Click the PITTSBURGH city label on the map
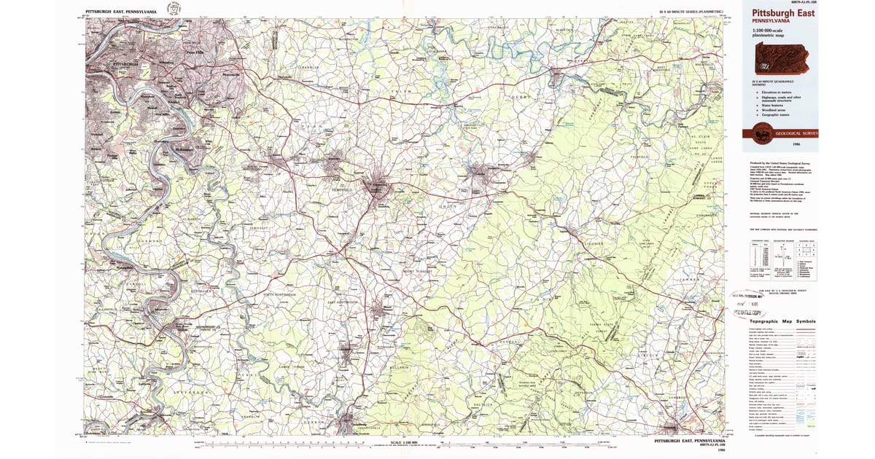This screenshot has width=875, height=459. pyautogui.click(x=126, y=64)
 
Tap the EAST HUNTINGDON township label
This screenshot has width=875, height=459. pyautogui.click(x=343, y=302)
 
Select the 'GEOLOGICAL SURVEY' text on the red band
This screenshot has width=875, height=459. pyautogui.click(x=797, y=133)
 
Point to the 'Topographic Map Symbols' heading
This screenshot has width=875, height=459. pyautogui.click(x=783, y=322)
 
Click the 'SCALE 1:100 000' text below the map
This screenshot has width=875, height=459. pyautogui.click(x=406, y=442)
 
